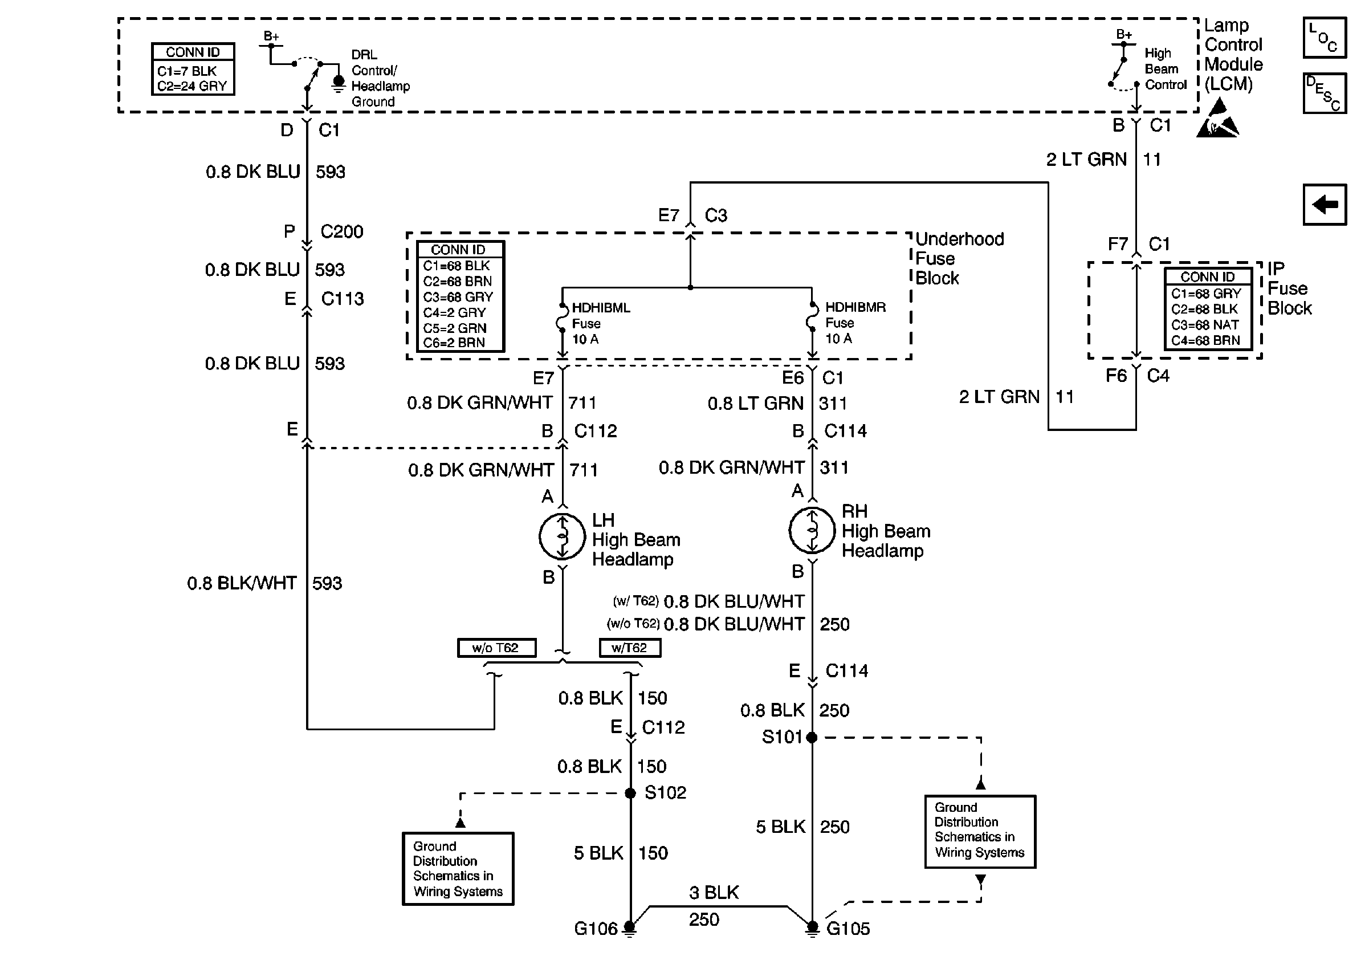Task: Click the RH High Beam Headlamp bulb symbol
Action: coord(812,530)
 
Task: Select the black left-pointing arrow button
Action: coord(1325,205)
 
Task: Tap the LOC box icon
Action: coord(1325,38)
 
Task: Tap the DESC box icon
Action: coord(1325,93)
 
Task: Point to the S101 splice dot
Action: coord(812,738)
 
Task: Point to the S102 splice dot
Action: coord(630,793)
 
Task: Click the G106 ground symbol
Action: coord(630,928)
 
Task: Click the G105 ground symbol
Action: coord(812,928)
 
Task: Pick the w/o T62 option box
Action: coord(496,648)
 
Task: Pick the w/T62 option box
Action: coord(629,648)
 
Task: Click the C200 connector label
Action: coord(341,231)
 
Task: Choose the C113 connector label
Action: coord(342,299)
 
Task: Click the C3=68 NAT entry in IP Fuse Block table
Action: coord(1204,325)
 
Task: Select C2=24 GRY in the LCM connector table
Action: coord(192,86)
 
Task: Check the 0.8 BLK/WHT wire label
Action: coord(242,583)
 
